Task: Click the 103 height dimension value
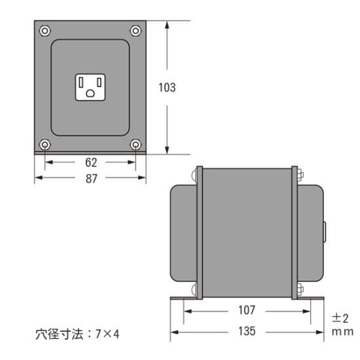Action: (168, 88)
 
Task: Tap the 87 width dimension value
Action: (91, 178)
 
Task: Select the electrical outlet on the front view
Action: (90, 86)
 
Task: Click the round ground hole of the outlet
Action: (90, 93)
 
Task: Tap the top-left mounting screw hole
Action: (45, 30)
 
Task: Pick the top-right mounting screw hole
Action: (135, 30)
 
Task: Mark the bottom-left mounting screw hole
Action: (45, 144)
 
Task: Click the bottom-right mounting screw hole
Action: (135, 144)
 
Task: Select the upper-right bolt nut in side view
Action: (302, 175)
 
